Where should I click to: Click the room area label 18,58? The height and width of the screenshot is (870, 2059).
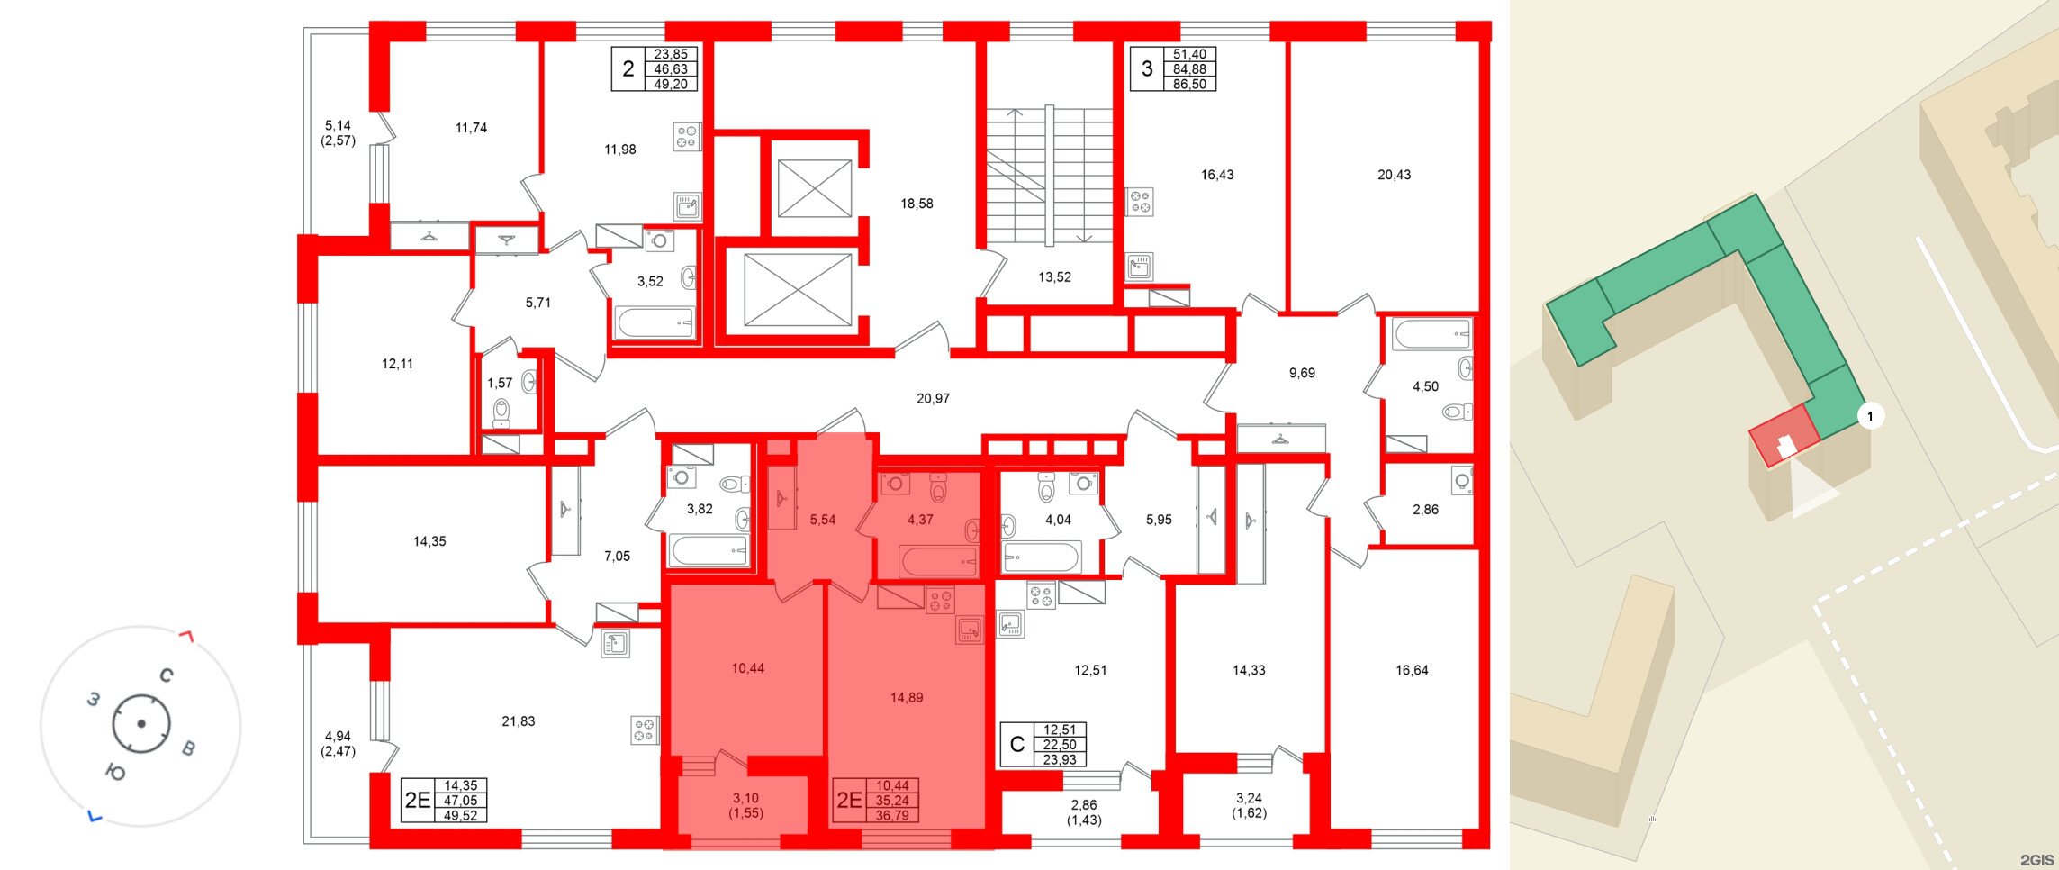(x=917, y=204)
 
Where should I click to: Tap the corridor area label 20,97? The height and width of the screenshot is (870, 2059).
(x=933, y=398)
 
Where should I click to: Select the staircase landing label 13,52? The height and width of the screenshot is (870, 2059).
(x=1054, y=277)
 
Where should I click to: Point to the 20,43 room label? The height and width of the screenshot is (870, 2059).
(x=1394, y=175)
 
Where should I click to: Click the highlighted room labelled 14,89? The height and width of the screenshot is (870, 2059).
(x=906, y=697)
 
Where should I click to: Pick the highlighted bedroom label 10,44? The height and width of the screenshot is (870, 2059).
(x=747, y=668)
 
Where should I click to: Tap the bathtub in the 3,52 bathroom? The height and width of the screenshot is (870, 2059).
(x=655, y=322)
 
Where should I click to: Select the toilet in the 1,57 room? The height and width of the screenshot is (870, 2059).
(x=501, y=412)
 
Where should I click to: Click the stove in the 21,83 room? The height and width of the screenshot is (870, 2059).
(x=644, y=730)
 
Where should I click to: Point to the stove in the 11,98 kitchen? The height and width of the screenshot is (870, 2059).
(x=686, y=136)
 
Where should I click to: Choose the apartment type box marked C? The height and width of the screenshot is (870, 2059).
(x=1017, y=745)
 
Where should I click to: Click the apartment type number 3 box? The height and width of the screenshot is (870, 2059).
(x=1146, y=69)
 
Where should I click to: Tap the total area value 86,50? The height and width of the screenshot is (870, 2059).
(x=1189, y=84)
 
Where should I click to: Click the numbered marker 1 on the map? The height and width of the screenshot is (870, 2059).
(x=1870, y=416)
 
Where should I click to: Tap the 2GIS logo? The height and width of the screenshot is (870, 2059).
(x=2036, y=859)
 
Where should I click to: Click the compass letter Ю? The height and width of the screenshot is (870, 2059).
(x=115, y=772)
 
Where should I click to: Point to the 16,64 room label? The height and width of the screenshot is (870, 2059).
(x=1411, y=670)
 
